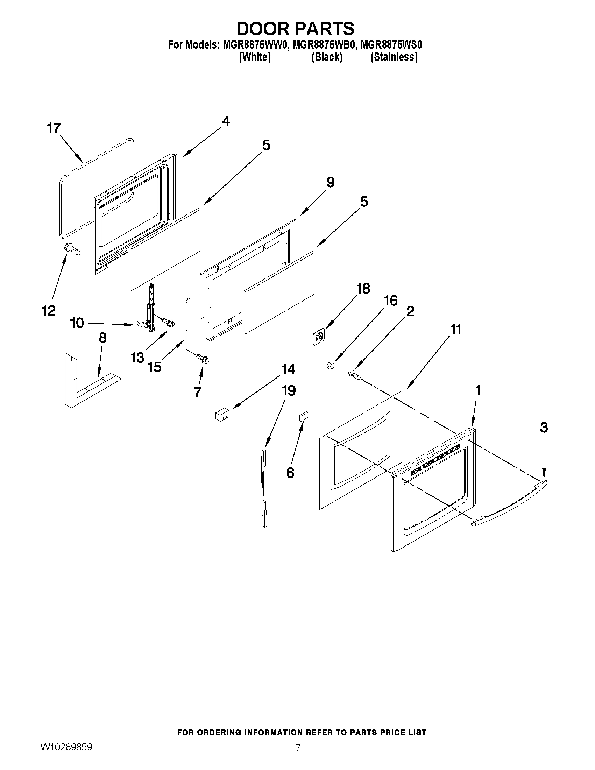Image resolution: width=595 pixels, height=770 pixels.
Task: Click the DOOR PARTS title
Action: (x=295, y=29)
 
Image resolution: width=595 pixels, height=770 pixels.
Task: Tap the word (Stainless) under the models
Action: (x=394, y=57)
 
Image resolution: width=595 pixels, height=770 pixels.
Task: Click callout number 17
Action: (x=54, y=128)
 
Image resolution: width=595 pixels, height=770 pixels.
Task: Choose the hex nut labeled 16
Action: (x=331, y=366)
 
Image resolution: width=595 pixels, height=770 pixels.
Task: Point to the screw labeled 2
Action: (x=355, y=375)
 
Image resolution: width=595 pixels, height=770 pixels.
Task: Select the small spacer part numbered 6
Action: (x=304, y=416)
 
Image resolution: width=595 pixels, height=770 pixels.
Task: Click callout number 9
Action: (x=330, y=183)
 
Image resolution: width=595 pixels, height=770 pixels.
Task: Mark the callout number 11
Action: (x=455, y=330)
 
